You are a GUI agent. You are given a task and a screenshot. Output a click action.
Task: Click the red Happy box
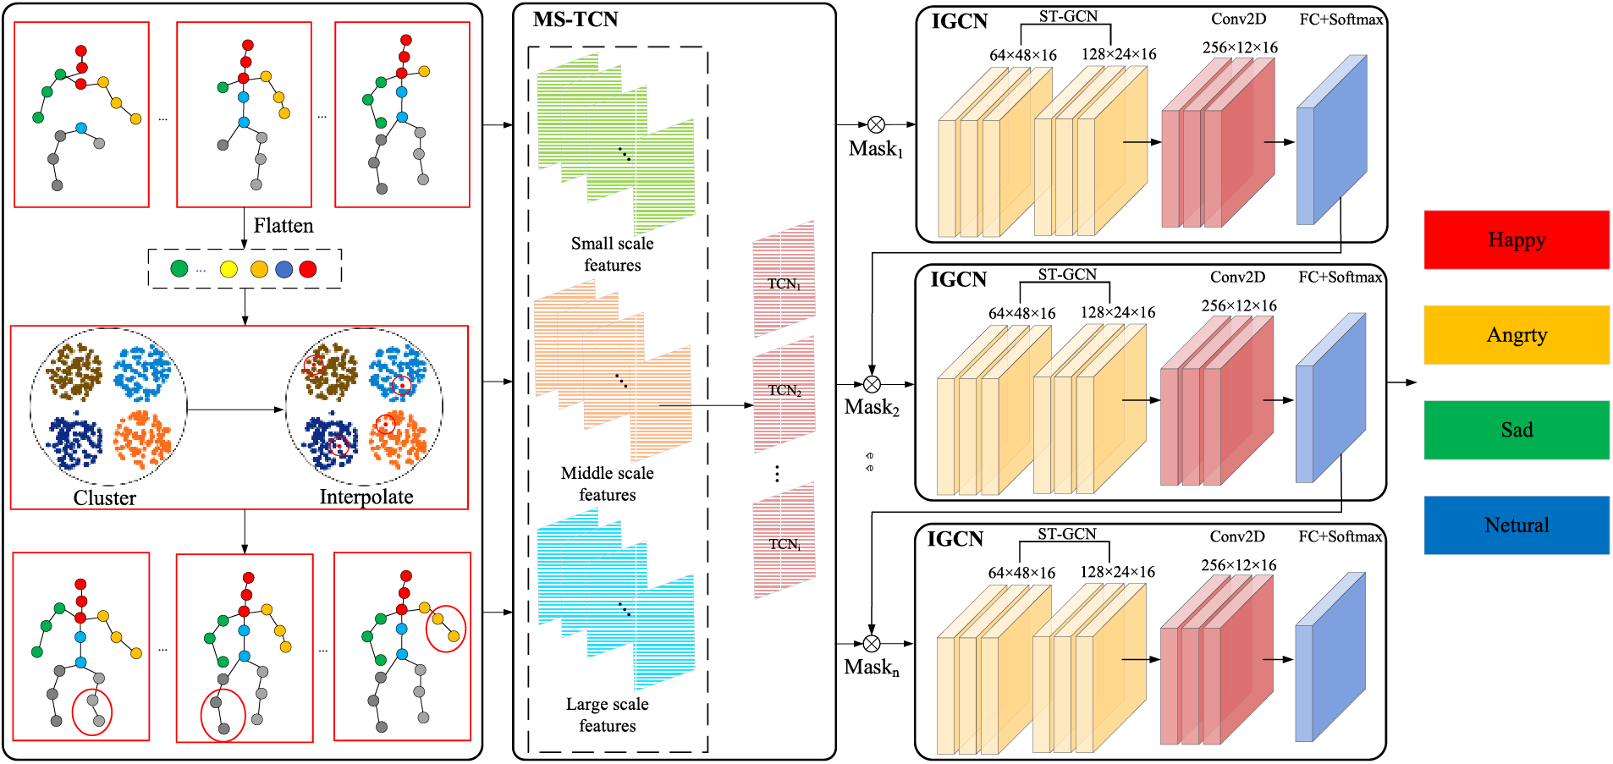tap(1516, 239)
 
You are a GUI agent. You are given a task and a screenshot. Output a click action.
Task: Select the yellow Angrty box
tap(1516, 335)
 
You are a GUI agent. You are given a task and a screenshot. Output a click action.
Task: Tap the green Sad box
tap(1516, 430)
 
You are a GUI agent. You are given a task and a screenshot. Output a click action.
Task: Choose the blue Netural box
tap(1516, 525)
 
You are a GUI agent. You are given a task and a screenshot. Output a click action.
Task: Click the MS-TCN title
tap(575, 19)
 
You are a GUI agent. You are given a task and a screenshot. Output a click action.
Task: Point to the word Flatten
tap(283, 226)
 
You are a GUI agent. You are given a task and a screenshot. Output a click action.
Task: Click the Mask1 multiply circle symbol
tap(876, 125)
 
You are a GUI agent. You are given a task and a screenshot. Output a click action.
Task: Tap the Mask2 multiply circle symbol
tap(872, 384)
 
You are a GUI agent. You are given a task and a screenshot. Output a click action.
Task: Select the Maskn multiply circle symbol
tap(872, 644)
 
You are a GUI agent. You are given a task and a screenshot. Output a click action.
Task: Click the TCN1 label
tap(784, 284)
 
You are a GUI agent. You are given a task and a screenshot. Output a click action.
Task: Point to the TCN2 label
tap(784, 391)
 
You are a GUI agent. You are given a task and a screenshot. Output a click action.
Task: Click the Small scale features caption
tap(612, 254)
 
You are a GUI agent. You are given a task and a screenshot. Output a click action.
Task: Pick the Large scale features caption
tap(607, 715)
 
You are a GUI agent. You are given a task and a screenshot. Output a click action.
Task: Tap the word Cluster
tap(104, 497)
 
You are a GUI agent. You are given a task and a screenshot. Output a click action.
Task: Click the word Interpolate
tap(366, 497)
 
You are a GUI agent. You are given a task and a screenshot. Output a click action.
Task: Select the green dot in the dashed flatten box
tap(179, 268)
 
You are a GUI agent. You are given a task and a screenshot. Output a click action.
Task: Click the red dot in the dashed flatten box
tap(308, 269)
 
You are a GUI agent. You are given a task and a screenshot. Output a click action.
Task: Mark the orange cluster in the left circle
tap(143, 439)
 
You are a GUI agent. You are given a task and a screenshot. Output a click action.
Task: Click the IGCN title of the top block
tap(959, 22)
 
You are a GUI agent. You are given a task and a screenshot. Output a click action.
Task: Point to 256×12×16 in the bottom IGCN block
tap(1238, 565)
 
